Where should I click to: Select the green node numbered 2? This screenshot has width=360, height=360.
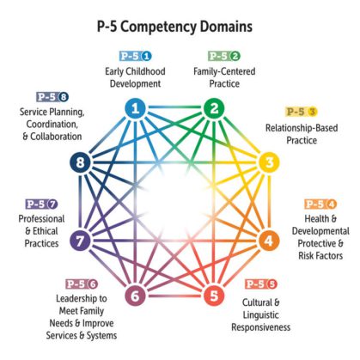(212, 108)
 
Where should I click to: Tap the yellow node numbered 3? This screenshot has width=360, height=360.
(268, 162)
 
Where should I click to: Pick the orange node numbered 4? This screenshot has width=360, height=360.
(268, 241)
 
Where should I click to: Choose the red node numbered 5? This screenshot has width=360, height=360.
(212, 297)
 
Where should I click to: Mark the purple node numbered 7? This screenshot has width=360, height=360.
(81, 241)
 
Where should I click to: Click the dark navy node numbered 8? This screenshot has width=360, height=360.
(81, 162)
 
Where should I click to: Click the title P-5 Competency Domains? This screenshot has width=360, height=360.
(180, 25)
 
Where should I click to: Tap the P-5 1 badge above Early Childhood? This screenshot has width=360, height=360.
(135, 57)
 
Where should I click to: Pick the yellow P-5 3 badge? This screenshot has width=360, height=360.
(301, 112)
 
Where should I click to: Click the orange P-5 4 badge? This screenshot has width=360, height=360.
(320, 204)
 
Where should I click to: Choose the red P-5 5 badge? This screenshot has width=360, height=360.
(260, 284)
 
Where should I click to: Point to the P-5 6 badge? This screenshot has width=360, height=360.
(81, 284)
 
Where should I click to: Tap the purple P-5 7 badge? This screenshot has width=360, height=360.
(40, 204)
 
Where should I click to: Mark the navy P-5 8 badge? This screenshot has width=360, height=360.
(52, 97)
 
